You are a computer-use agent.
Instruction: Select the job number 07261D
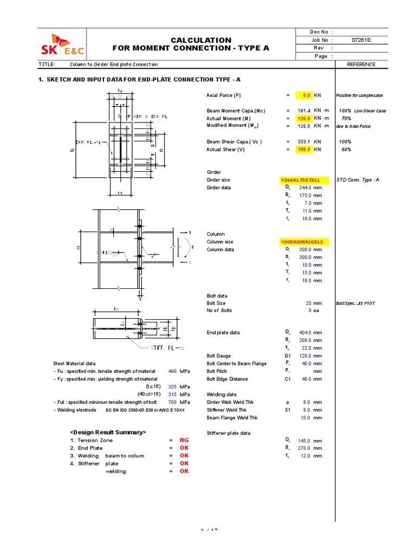coord(361,40)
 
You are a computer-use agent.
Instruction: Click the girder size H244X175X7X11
coord(300,179)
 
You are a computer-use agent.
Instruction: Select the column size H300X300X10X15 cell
coord(304,242)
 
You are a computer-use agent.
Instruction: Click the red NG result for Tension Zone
coord(184,441)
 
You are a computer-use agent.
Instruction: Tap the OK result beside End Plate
coord(184,448)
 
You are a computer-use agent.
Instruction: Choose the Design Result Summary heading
coord(108,432)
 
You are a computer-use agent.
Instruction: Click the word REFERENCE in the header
coord(361,64)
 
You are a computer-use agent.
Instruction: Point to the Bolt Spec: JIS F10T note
coord(355,304)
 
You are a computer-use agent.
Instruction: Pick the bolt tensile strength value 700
coord(172,403)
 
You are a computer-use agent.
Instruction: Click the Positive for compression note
coord(360,95)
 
